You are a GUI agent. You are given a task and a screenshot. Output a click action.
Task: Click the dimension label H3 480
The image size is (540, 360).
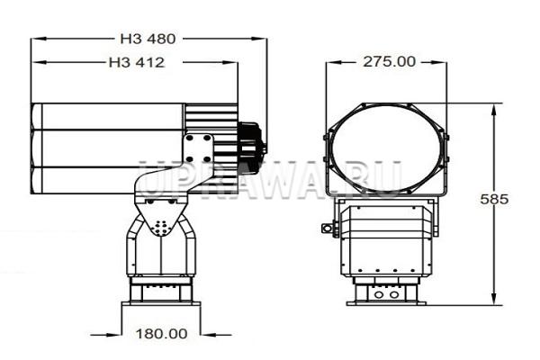click(148, 39)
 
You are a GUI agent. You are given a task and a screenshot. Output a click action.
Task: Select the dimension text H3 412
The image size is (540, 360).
click(137, 62)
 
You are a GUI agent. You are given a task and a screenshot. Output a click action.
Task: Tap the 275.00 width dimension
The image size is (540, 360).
click(389, 62)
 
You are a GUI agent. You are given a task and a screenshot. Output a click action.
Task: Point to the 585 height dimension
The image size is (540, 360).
click(494, 199)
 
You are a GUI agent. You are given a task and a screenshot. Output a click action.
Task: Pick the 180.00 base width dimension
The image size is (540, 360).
click(161, 334)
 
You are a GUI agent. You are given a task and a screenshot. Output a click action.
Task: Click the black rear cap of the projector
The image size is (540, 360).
click(252, 148)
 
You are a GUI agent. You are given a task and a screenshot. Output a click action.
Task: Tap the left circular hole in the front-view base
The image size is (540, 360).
click(379, 295)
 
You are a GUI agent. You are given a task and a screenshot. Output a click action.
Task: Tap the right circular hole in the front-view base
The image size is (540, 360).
click(394, 295)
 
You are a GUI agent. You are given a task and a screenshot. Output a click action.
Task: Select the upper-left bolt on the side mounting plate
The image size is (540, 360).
click(189, 138)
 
